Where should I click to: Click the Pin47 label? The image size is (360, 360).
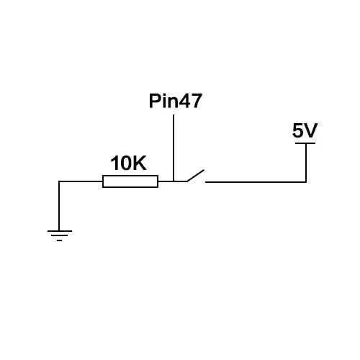click(x=176, y=101)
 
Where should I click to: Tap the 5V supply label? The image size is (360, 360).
click(x=305, y=130)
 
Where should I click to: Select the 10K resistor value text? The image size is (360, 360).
click(x=128, y=163)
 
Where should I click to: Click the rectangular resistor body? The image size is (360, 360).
click(x=130, y=181)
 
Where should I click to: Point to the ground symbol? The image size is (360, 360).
click(x=60, y=235)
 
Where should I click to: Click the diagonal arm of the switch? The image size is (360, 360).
click(x=196, y=176)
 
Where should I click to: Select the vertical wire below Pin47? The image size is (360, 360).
click(x=174, y=148)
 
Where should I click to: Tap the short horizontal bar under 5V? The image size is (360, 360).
click(x=305, y=143)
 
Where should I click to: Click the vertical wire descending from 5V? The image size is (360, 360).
click(x=306, y=163)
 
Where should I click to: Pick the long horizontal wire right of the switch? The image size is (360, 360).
click(x=256, y=182)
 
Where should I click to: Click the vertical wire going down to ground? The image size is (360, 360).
click(x=59, y=206)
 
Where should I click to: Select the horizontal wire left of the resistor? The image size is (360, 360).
click(x=81, y=181)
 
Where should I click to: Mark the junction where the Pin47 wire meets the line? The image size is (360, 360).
click(x=174, y=181)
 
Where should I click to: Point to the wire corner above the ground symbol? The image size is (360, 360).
click(x=59, y=181)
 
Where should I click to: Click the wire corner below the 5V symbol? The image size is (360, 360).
click(x=306, y=182)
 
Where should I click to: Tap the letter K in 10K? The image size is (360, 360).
click(x=139, y=163)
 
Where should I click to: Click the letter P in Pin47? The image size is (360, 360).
click(x=155, y=101)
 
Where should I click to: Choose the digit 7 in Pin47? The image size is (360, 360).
click(x=196, y=101)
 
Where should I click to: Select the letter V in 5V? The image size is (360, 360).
click(x=311, y=130)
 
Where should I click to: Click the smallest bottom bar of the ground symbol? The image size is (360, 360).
click(x=60, y=240)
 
